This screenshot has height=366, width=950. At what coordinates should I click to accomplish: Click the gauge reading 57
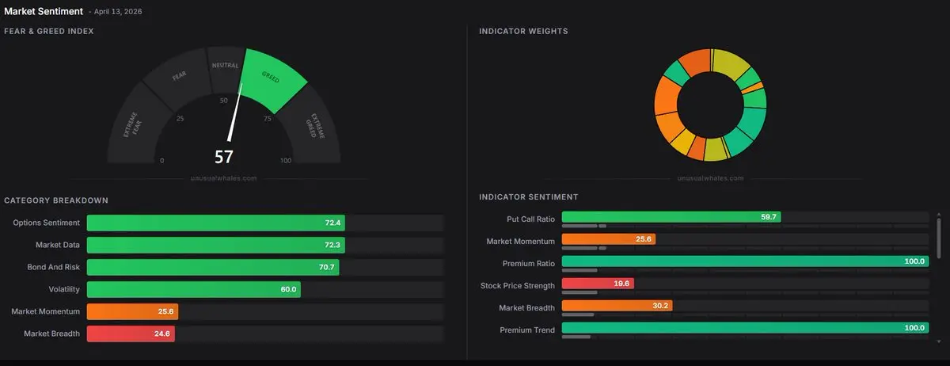[x=224, y=156]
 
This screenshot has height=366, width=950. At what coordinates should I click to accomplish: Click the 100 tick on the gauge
[x=286, y=161]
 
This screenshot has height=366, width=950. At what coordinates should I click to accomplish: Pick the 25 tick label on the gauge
[x=180, y=119]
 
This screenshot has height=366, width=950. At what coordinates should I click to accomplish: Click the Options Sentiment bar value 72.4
[x=332, y=223]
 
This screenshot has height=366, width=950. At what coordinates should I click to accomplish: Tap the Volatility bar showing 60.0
[x=193, y=290]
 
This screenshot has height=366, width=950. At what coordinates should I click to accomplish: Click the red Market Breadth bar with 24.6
[x=130, y=334]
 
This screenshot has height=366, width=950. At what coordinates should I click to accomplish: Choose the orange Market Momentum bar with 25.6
[x=132, y=312]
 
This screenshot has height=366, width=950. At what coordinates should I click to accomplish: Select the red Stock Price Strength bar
[x=597, y=284]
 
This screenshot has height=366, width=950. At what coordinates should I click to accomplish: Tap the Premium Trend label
[x=528, y=330]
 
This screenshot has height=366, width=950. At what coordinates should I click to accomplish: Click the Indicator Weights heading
[x=523, y=32]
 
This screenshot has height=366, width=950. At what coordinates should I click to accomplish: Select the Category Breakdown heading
[x=56, y=200]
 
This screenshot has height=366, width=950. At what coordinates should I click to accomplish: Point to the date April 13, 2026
[x=118, y=13]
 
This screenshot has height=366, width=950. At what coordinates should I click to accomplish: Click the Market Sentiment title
[x=44, y=11]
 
